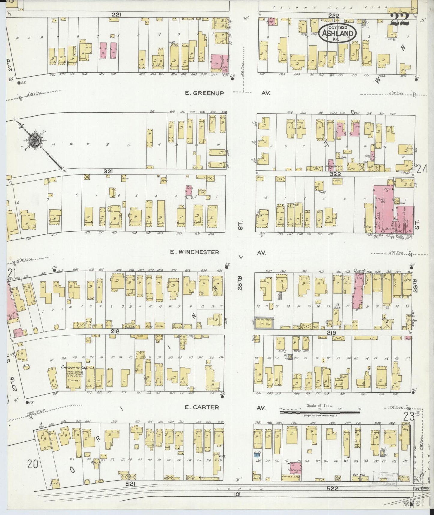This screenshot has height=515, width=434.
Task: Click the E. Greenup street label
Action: pos(204,93)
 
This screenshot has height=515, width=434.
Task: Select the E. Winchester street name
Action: pos(194,252)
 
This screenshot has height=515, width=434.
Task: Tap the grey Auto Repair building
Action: pos(264,323)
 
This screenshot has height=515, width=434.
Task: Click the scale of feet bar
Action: pos(320,413)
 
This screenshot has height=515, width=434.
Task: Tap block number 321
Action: pos(108,171)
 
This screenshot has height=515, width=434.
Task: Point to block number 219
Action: pos(331,333)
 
